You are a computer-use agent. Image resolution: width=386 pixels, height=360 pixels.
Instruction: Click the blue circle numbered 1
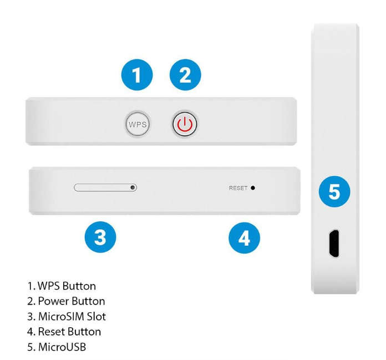coord(137,75)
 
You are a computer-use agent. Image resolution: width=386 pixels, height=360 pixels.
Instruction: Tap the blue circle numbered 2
coord(185,75)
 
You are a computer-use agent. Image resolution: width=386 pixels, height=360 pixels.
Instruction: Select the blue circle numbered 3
coord(100,237)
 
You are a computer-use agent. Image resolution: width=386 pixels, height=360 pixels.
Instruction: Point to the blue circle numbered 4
coord(244,238)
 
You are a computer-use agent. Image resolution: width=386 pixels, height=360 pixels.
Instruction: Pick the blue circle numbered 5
coord(334,191)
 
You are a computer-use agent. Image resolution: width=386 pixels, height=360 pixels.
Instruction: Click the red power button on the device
coord(185,124)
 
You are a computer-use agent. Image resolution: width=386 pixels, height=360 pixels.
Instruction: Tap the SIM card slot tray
coord(105,187)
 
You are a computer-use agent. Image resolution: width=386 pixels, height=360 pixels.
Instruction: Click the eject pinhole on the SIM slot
coord(133,187)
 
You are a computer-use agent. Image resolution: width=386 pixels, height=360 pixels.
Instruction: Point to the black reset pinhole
coord(253,188)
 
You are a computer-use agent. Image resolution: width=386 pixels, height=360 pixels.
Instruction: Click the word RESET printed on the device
coord(238,188)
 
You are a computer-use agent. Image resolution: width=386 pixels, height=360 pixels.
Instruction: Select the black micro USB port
coord(334,244)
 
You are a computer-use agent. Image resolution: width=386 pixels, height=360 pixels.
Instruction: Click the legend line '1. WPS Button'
coord(62,286)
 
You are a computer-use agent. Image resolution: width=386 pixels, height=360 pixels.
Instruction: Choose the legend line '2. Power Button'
coord(66,301)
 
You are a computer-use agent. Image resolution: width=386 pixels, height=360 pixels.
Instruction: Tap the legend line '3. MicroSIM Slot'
coord(67,316)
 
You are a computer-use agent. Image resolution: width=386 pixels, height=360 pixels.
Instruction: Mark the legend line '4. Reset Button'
coord(64,332)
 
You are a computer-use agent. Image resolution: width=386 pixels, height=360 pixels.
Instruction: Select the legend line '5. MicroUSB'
coord(57,347)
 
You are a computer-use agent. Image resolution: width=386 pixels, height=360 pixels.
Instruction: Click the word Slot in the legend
coord(96,316)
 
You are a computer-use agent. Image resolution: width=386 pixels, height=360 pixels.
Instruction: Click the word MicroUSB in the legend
coord(62,347)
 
